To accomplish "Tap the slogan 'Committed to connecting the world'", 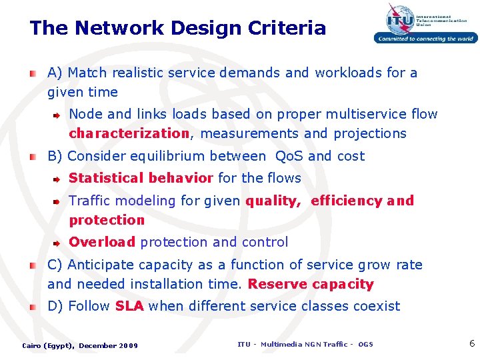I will (x=425, y=39).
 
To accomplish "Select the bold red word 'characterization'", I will (x=129, y=133).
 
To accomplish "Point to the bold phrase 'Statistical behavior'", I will (x=141, y=178).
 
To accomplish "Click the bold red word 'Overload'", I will (x=102, y=242).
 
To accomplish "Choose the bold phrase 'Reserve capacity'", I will (x=311, y=284).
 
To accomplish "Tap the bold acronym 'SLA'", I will (x=129, y=306).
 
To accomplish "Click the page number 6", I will (x=472, y=344).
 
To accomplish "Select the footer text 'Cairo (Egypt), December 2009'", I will (x=80, y=345).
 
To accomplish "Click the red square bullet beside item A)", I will (x=33, y=73).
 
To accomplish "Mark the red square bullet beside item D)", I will (x=33, y=307).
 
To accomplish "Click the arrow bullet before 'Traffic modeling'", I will (x=57, y=201).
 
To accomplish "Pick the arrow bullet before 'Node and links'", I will (x=57, y=115).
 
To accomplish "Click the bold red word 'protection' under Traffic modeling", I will (x=107, y=220).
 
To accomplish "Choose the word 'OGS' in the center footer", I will (x=365, y=344).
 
